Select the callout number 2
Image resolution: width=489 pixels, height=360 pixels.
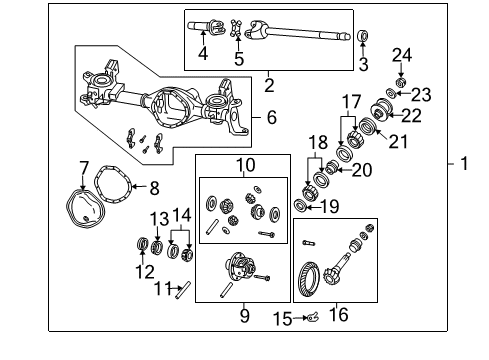pos(269,86)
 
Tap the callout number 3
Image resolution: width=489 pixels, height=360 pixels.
pos(362,65)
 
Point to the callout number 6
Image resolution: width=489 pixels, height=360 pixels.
pos(270,117)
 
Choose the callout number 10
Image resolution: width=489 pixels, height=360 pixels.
pos(245,164)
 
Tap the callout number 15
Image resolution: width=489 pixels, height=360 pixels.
pos(284,320)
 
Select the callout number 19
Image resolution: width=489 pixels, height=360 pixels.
pos(330,207)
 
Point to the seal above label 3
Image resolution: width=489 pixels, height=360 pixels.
pos(362,36)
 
